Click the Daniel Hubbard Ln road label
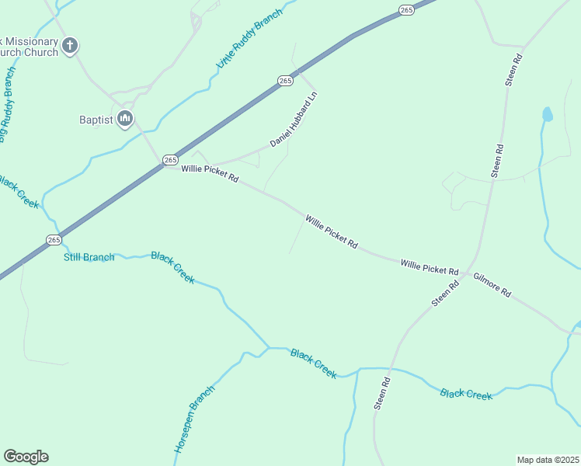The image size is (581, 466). pyautogui.click(x=294, y=120)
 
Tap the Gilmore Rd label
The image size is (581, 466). pyautogui.click(x=492, y=284)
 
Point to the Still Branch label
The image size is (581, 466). pyautogui.click(x=89, y=257)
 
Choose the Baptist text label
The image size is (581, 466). pyautogui.click(x=96, y=120)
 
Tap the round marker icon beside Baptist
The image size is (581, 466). pyautogui.click(x=125, y=119)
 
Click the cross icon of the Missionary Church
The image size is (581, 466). pyautogui.click(x=70, y=46)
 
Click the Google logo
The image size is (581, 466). pyautogui.click(x=26, y=457)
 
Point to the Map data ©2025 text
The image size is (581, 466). pyautogui.click(x=548, y=460)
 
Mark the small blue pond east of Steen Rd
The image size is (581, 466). pyautogui.click(x=547, y=115)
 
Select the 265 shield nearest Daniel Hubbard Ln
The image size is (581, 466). pyautogui.click(x=285, y=81)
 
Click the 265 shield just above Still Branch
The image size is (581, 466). pyautogui.click(x=53, y=240)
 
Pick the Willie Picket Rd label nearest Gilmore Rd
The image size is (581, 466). pyautogui.click(x=430, y=267)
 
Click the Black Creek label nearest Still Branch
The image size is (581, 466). pyautogui.click(x=172, y=267)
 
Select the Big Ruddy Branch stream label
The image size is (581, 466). pyautogui.click(x=8, y=105)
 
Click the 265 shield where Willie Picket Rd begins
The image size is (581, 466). pyautogui.click(x=171, y=159)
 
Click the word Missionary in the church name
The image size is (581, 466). pyautogui.click(x=31, y=41)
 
